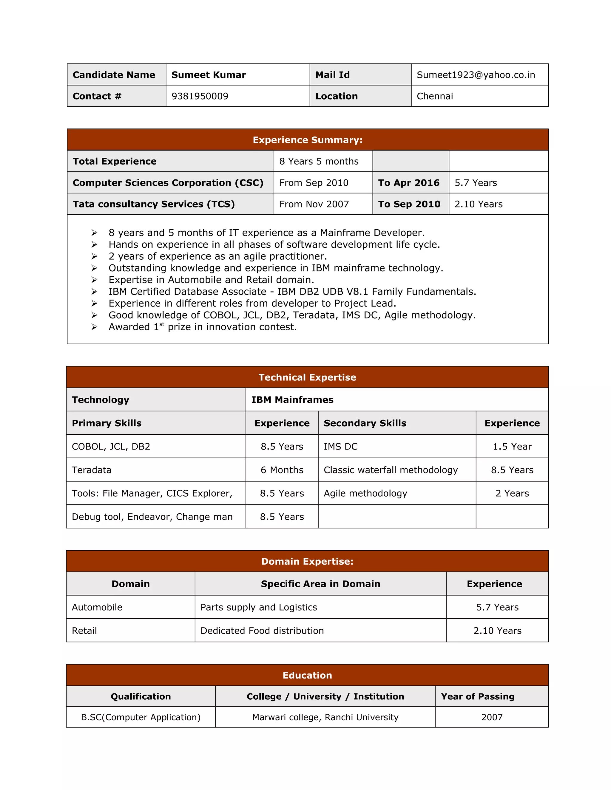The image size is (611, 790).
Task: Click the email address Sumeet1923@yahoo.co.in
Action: (475, 75)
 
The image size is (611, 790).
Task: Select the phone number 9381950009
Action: (200, 96)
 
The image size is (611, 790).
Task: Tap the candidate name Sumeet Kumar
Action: (209, 75)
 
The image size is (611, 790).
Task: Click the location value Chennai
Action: (435, 96)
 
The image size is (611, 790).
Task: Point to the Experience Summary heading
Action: (307, 140)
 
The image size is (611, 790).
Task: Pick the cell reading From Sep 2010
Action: (314, 183)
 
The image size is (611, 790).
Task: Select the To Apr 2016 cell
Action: (409, 183)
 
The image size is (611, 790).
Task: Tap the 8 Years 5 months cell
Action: (319, 161)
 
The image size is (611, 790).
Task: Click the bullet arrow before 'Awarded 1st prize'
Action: (94, 327)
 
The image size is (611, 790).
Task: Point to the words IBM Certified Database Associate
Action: (187, 292)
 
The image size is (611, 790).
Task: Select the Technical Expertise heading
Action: (307, 377)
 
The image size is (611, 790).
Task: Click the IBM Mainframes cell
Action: (292, 400)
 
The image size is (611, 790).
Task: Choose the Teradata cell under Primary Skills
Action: (92, 470)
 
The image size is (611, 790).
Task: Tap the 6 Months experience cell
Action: (282, 470)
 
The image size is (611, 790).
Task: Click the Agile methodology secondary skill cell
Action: (365, 493)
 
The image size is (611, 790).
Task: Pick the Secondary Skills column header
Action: (365, 423)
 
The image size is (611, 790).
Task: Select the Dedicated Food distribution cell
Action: (262, 631)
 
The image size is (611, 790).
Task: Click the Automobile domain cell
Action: (97, 607)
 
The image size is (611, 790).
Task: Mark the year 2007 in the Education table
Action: (492, 717)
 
